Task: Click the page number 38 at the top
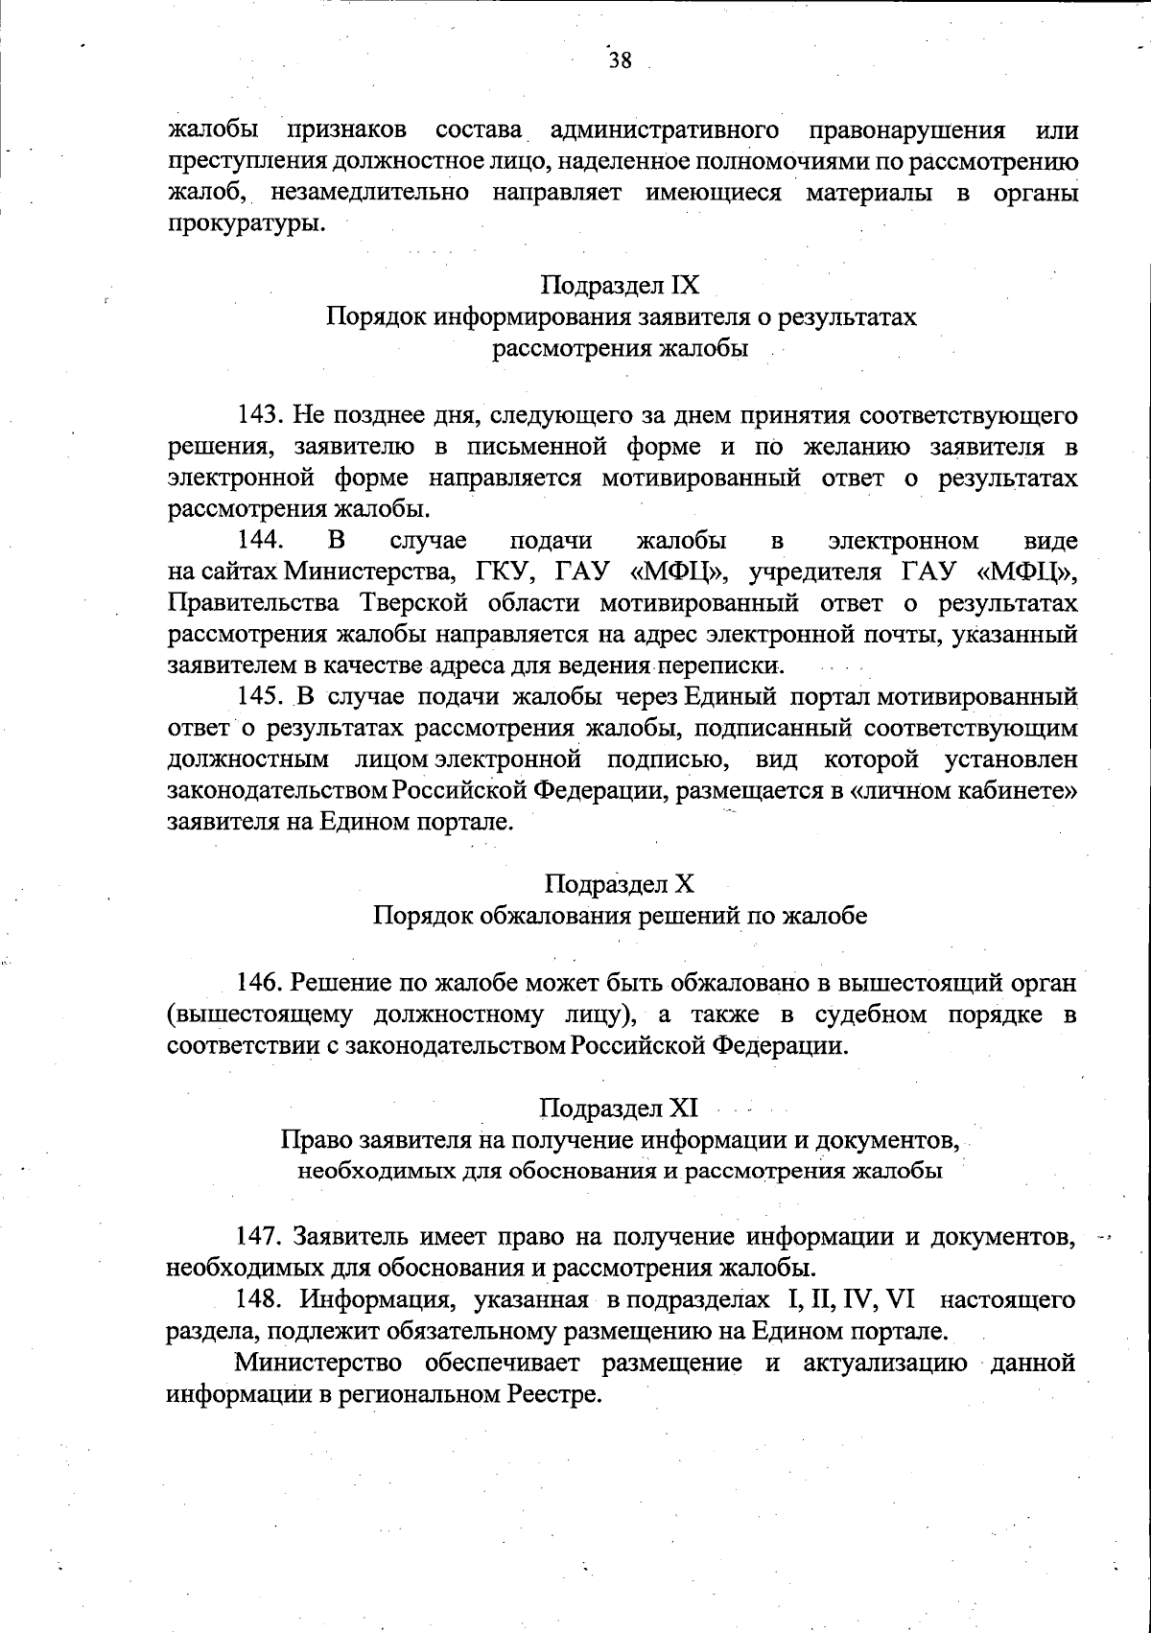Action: click(x=619, y=61)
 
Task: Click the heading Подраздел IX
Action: click(x=620, y=286)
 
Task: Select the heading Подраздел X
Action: click(x=619, y=883)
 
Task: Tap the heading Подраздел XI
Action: click(x=619, y=1108)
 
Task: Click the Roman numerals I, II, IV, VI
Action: click(x=851, y=1300)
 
